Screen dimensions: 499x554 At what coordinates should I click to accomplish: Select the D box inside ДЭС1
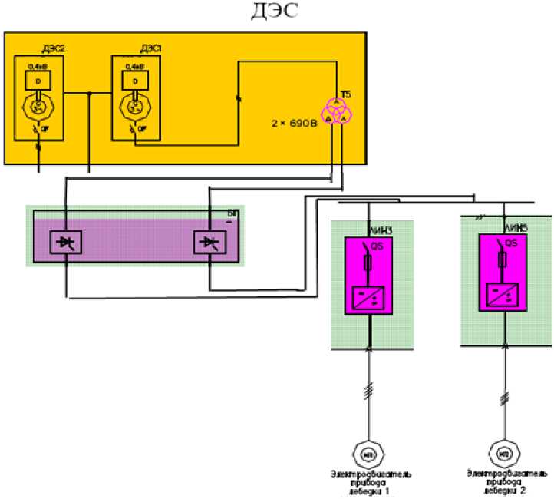click(135, 79)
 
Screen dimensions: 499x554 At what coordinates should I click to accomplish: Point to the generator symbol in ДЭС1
click(136, 106)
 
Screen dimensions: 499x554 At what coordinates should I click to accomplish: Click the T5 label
click(346, 94)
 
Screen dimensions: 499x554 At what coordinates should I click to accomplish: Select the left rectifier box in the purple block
click(64, 243)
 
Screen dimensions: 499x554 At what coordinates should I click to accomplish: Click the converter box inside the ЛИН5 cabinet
click(503, 292)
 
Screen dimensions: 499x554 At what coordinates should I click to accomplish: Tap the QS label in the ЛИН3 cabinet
click(378, 247)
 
